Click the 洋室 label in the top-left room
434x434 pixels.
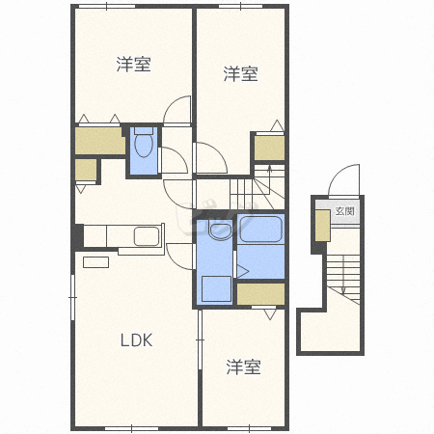click(x=134, y=65)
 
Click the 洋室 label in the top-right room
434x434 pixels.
click(x=241, y=73)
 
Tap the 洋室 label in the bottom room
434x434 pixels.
click(x=244, y=366)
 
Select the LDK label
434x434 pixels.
click(x=137, y=339)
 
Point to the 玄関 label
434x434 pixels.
click(x=344, y=210)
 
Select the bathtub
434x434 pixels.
click(x=259, y=231)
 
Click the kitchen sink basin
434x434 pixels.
click(x=147, y=237)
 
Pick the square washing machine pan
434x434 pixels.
click(x=216, y=288)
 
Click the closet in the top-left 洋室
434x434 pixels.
click(x=99, y=142)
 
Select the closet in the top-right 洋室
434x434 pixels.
click(x=269, y=148)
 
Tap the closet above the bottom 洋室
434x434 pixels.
click(x=260, y=294)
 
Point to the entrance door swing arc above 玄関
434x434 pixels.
click(x=342, y=181)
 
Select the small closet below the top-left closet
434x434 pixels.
click(x=87, y=171)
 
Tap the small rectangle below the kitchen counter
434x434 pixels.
click(x=96, y=261)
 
